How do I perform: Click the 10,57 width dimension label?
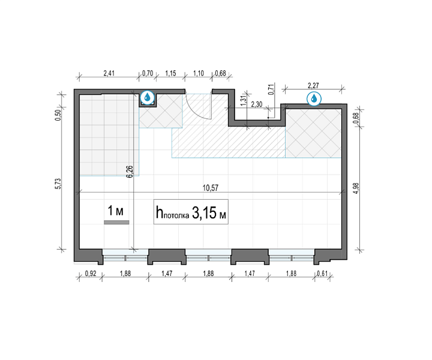[211, 188]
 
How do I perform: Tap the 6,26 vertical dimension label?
[130, 172]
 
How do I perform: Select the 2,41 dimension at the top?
[109, 73]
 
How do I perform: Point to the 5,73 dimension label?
[58, 184]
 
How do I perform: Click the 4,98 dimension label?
[356, 188]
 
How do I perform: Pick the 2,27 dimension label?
[313, 86]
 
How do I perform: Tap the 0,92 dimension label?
[91, 274]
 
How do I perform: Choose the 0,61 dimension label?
[322, 274]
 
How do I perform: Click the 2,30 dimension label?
[257, 104]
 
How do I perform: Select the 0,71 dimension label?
[271, 89]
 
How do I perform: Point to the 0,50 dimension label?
[58, 115]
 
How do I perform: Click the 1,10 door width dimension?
[199, 73]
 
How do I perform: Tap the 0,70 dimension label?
[148, 73]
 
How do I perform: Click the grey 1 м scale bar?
[116, 222]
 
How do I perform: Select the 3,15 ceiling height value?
[205, 212]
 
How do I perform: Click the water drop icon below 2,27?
[314, 98]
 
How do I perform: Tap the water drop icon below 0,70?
[148, 97]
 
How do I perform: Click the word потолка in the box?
[176, 215]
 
